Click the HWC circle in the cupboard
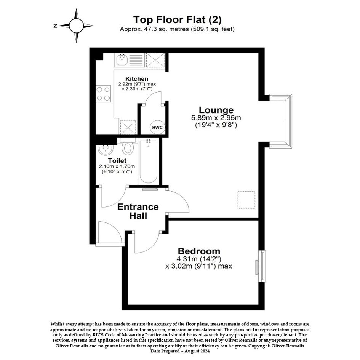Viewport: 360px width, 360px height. coord(158,127)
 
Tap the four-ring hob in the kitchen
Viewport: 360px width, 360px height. coord(103,94)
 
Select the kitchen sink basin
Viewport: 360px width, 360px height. coord(122,60)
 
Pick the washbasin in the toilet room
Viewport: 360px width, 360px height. coord(106,150)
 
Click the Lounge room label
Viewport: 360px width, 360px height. coord(216,110)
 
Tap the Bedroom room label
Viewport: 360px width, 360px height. coord(199,251)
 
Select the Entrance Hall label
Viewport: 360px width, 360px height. coord(138,211)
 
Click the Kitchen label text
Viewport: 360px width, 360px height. coord(137,79)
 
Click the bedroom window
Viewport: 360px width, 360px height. coord(262,266)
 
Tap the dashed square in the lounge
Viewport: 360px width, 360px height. coord(246,200)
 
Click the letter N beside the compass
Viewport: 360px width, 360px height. coord(55,26)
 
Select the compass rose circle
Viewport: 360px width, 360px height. coord(76,26)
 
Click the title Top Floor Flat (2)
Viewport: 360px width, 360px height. coord(178,19)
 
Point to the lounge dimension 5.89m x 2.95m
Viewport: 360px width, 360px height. coord(216,118)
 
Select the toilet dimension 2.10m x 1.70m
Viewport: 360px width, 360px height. coord(117,166)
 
